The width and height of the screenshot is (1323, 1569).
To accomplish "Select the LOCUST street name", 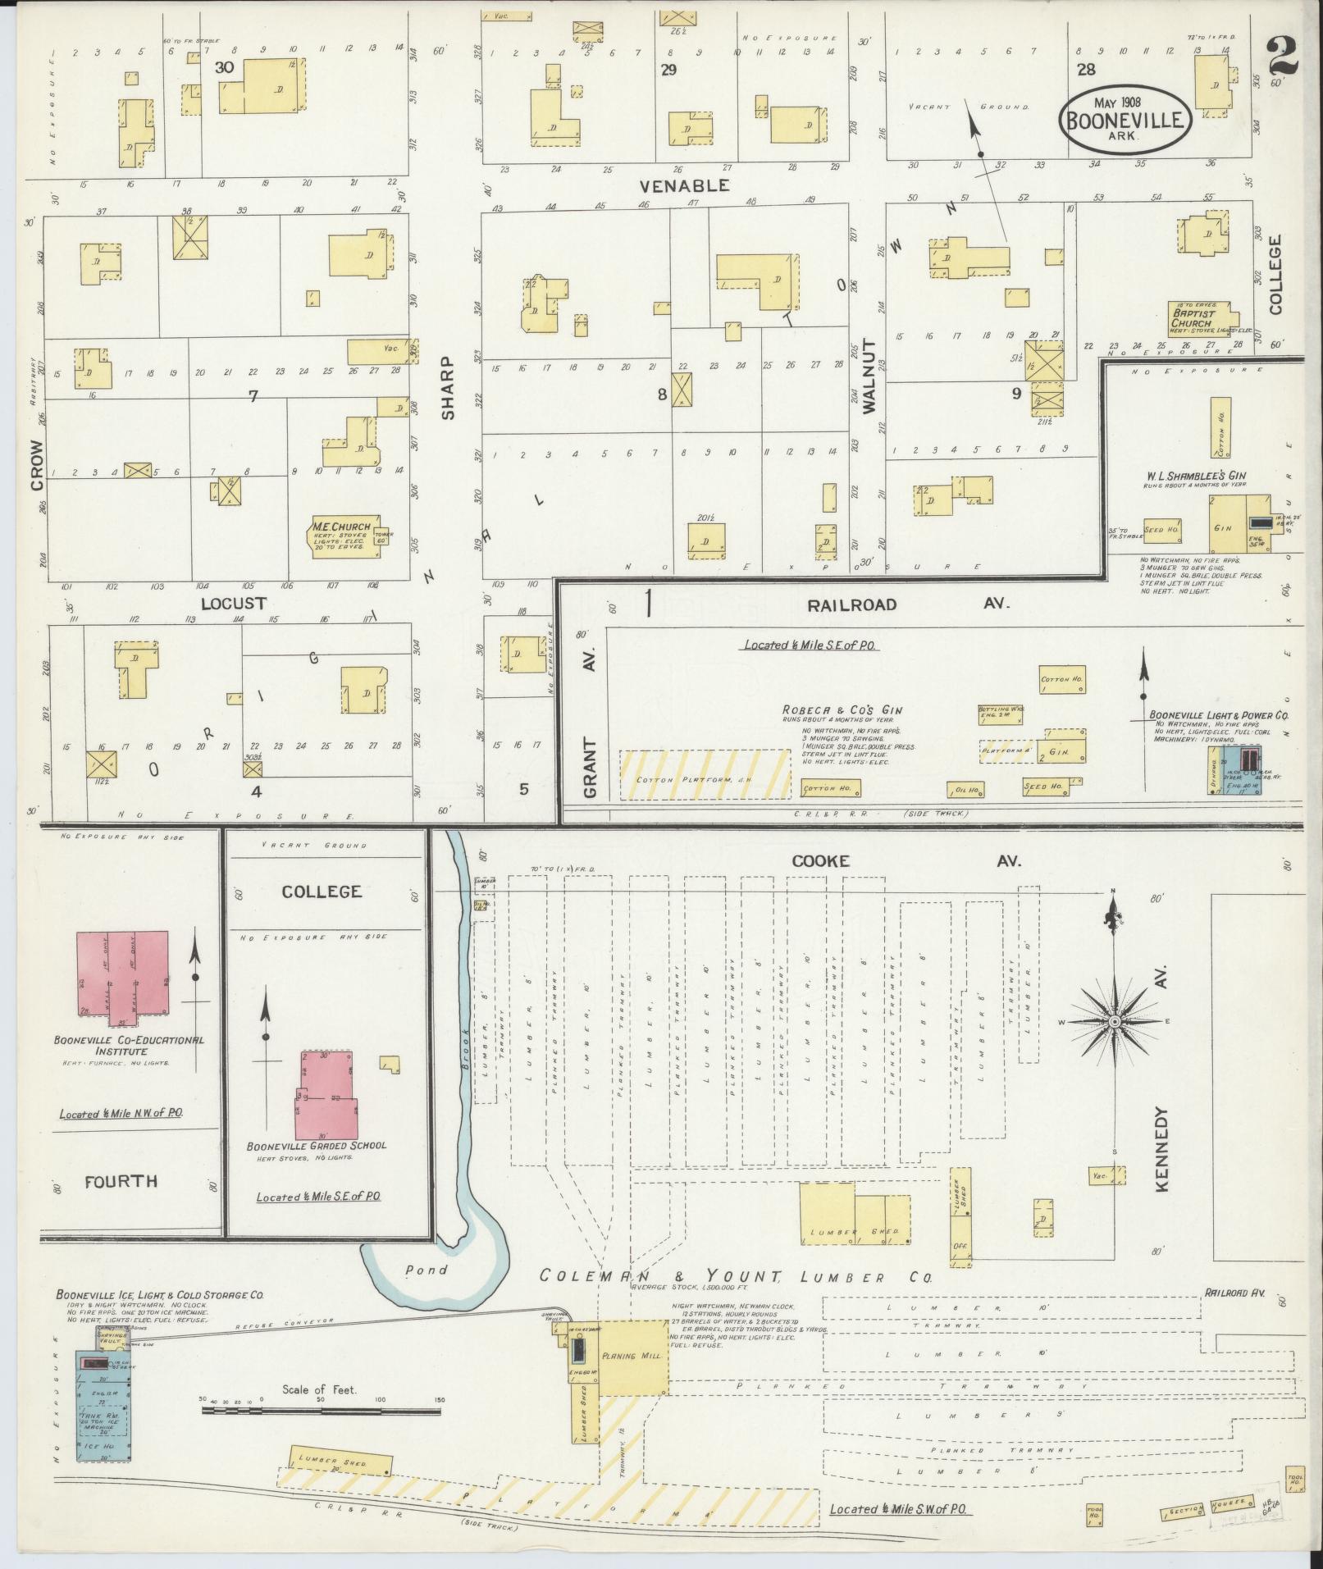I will coord(234,603).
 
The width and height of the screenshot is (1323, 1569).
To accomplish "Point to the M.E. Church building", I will coord(344,538).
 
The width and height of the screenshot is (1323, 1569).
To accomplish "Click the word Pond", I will coord(427,1270).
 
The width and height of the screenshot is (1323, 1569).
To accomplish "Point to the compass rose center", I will coord(1114,1021).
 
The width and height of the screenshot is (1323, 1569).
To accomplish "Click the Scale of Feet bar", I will coord(321,1411).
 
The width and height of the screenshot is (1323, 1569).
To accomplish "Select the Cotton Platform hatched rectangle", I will coord(704,773).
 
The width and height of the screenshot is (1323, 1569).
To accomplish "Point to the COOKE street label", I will coord(820,861).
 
